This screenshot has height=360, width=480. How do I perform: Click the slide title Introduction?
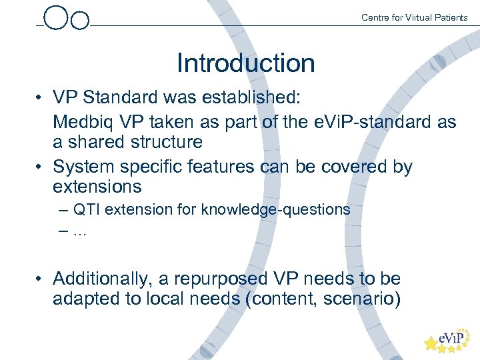245,63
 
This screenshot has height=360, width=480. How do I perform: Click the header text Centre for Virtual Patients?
414,17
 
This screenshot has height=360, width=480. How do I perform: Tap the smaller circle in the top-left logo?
80,21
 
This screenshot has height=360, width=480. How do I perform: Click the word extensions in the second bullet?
97,186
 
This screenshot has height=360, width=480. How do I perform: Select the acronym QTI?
85,209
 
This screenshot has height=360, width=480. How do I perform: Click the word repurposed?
232,278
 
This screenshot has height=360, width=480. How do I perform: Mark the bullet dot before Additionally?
40,279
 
